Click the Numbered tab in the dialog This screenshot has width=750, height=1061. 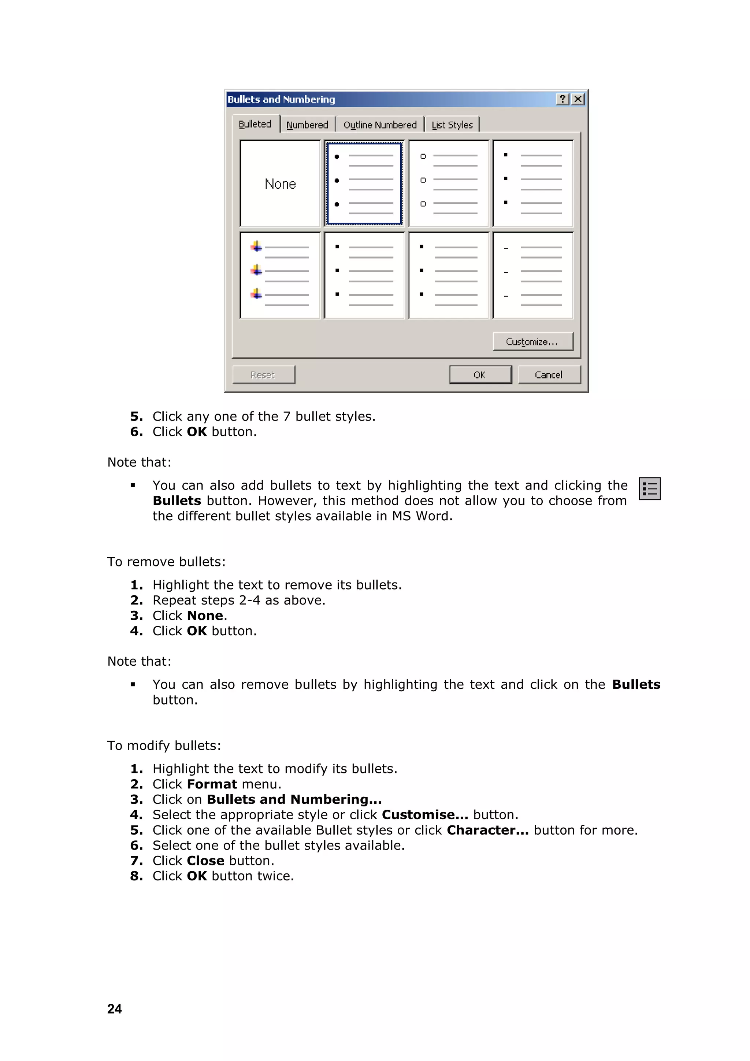(x=307, y=125)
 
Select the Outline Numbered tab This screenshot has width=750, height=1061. (x=380, y=125)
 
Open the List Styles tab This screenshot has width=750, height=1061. (x=452, y=125)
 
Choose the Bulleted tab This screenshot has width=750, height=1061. (x=255, y=124)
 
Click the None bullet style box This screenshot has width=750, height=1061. (x=280, y=184)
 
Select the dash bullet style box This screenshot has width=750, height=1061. (x=533, y=276)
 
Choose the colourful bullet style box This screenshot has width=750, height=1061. (x=280, y=276)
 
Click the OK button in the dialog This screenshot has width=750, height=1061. (x=480, y=375)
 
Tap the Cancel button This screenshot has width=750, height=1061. (x=549, y=375)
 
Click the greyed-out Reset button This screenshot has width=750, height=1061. (x=263, y=375)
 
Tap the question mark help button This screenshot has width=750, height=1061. (x=562, y=99)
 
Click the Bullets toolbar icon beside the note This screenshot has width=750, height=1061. (x=649, y=488)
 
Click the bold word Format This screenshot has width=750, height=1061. (x=212, y=784)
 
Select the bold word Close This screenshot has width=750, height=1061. (x=205, y=861)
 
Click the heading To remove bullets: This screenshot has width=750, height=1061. (x=166, y=562)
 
